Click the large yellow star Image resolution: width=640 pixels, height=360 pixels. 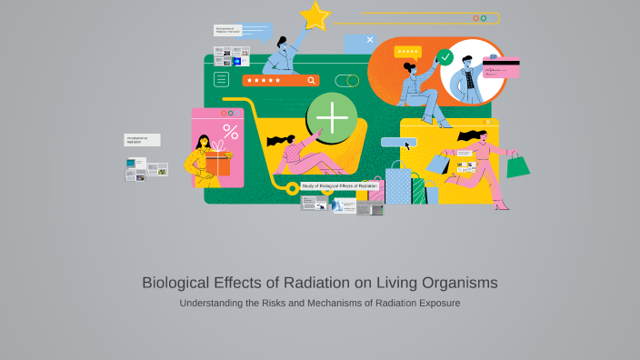315,15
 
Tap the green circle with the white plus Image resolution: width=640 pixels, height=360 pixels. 332,118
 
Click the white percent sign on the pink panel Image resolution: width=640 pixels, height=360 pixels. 231,132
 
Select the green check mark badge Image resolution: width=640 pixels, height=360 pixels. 445,57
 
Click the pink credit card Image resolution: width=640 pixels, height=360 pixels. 501,67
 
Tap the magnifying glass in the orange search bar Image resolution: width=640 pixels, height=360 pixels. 312,80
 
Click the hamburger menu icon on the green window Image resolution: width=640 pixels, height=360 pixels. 221,80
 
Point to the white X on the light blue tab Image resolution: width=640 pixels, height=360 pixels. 370,40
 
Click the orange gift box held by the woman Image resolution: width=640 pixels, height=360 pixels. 217,165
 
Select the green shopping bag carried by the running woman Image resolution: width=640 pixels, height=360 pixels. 517,165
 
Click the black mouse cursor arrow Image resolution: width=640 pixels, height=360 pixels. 408,144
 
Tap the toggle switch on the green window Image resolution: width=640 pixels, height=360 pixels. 346,80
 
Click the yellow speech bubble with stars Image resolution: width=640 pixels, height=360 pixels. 407,53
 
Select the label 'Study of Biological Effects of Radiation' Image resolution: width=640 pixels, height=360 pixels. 339,185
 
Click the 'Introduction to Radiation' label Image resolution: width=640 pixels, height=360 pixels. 142,140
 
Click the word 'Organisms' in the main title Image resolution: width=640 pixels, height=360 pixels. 455,283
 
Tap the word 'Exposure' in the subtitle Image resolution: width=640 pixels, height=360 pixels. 438,303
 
